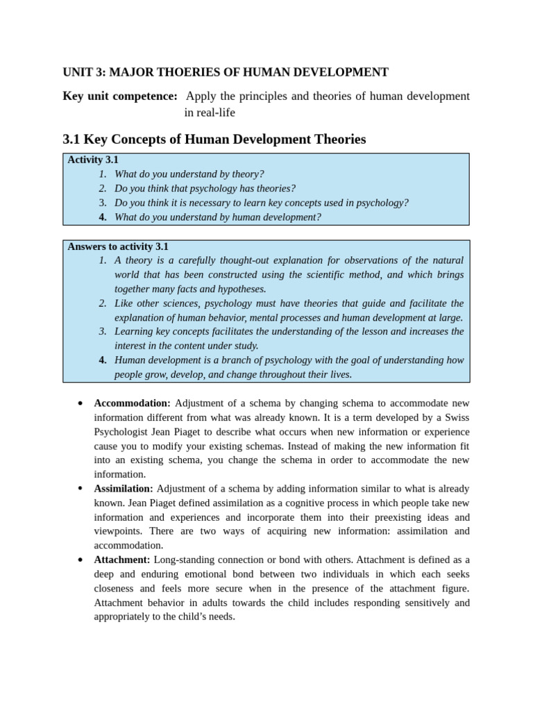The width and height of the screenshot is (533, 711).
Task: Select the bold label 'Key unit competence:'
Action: point(120,96)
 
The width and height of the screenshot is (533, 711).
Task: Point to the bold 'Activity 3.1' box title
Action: point(93,160)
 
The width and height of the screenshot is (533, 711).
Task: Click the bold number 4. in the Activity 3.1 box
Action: point(103,217)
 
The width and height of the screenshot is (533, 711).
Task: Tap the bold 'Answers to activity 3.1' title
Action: point(118,246)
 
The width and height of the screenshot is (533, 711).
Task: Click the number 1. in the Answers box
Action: point(103,260)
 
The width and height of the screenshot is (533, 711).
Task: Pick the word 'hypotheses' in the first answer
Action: point(240,289)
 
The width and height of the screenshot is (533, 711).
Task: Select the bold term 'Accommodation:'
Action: point(132,403)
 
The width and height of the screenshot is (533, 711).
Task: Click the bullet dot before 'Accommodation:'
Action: point(81,403)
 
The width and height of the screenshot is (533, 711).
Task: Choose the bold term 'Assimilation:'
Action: point(124,489)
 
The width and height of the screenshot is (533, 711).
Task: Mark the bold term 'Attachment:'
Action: point(122,560)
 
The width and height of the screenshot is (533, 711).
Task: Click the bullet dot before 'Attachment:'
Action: point(81,560)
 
